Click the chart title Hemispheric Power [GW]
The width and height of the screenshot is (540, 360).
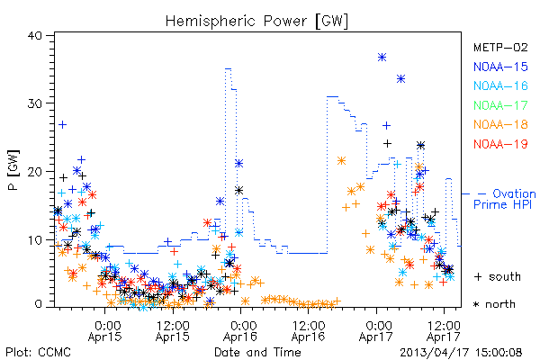(256, 22)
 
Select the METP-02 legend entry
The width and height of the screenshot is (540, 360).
(500, 47)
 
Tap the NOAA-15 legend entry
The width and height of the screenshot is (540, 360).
(500, 67)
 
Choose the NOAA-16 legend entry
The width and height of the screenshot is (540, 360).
(500, 85)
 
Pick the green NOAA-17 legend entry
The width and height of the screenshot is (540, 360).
(500, 105)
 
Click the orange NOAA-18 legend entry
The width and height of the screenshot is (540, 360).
(500, 124)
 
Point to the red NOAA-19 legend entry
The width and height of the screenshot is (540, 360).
(500, 144)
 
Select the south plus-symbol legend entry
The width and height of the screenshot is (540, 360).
(498, 276)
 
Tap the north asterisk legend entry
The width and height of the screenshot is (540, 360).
(494, 304)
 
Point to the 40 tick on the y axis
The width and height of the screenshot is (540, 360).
(34, 35)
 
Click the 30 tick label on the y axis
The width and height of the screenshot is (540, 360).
(34, 103)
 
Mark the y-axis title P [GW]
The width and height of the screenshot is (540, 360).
(13, 169)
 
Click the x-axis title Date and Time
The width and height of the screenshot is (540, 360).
(257, 353)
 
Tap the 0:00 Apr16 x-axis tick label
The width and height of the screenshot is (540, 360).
(240, 331)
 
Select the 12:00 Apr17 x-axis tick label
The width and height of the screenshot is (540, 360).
(444, 331)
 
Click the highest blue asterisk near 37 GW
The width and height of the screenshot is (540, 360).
(382, 58)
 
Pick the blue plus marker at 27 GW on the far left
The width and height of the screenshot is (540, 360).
(62, 125)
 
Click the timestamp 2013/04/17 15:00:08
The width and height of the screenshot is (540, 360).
(461, 353)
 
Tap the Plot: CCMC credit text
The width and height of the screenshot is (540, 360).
(38, 353)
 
